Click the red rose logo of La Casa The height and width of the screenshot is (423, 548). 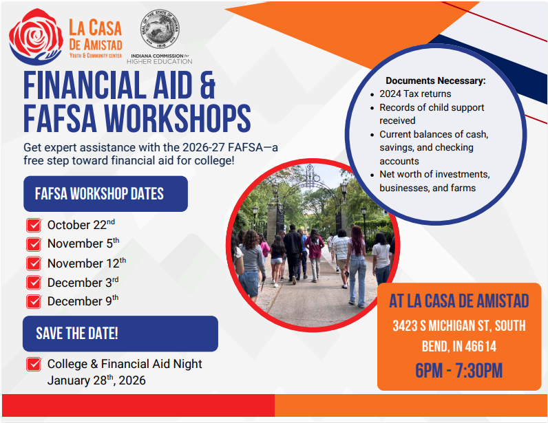tap(35, 37)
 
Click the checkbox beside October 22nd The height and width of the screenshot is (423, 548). tap(33, 226)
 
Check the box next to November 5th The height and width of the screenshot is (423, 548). tap(33, 244)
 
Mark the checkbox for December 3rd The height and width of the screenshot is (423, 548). tap(33, 283)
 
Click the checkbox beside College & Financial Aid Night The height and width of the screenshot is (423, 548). tap(33, 365)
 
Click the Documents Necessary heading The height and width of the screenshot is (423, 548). tap(435, 80)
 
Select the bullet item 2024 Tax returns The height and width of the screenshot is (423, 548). tap(415, 94)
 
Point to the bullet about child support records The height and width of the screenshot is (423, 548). tap(432, 113)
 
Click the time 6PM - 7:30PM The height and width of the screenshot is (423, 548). tap(459, 371)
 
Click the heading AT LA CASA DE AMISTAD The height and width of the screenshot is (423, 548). tap(459, 301)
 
